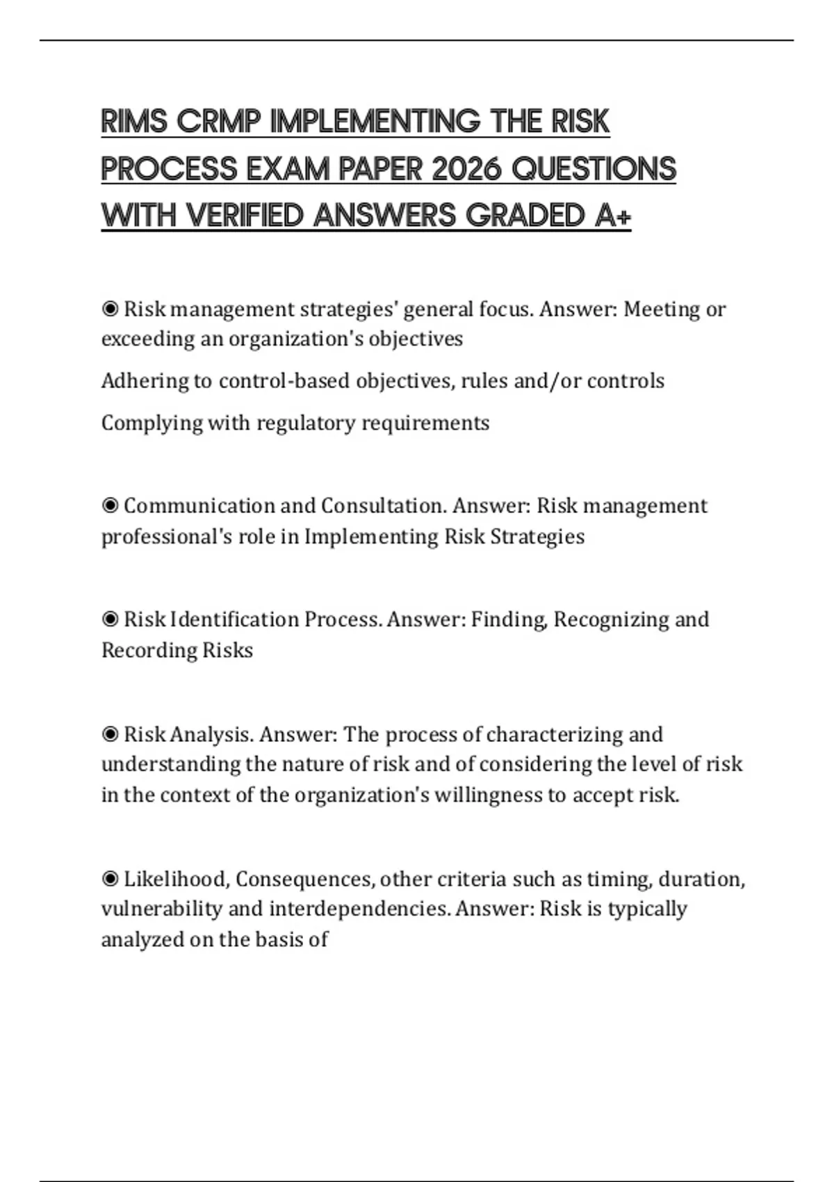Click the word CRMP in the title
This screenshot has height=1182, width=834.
(219, 122)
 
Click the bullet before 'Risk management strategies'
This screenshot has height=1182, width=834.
(110, 309)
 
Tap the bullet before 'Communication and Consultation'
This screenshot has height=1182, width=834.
(110, 505)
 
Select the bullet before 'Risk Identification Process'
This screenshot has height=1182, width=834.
(110, 620)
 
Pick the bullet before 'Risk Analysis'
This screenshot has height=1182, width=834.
(110, 734)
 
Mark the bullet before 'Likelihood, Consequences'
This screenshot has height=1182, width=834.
(110, 879)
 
